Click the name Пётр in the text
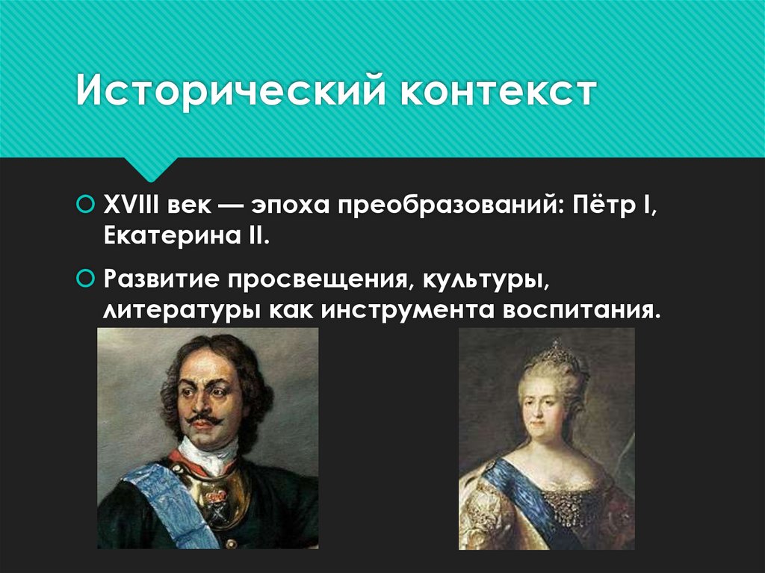click(605, 204)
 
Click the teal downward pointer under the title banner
click(151, 168)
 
